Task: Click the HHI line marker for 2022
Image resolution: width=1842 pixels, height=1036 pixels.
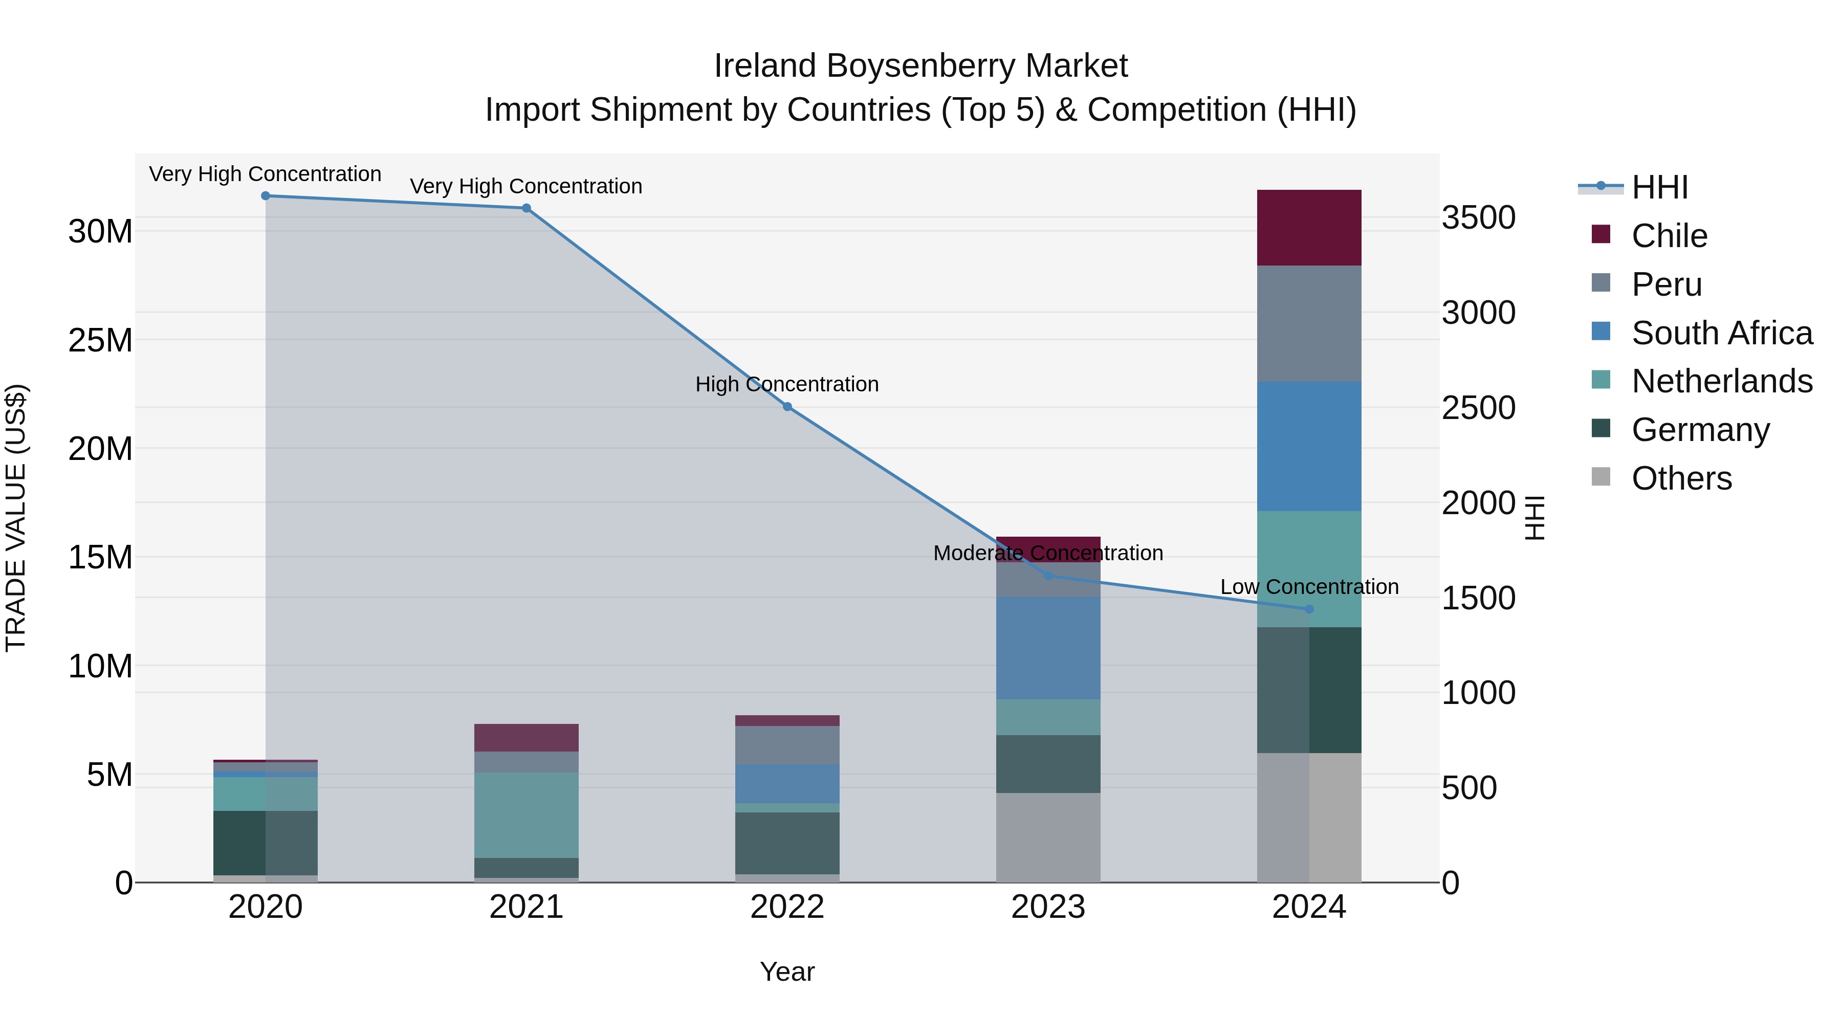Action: coord(787,407)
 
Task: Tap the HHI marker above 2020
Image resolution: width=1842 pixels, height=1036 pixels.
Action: coord(265,196)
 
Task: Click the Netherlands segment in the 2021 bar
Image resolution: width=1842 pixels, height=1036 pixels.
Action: coord(527,814)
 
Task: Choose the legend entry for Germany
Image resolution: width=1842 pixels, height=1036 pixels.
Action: coord(1700,430)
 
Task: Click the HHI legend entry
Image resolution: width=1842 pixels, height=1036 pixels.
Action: coord(1659,187)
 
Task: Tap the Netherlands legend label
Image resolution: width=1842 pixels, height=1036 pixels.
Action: coord(1722,381)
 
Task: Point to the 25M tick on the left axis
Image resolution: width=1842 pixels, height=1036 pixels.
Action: coord(100,340)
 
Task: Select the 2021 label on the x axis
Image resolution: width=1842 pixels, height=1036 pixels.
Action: coord(527,907)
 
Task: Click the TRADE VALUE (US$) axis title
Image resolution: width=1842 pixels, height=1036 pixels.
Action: coord(16,518)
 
